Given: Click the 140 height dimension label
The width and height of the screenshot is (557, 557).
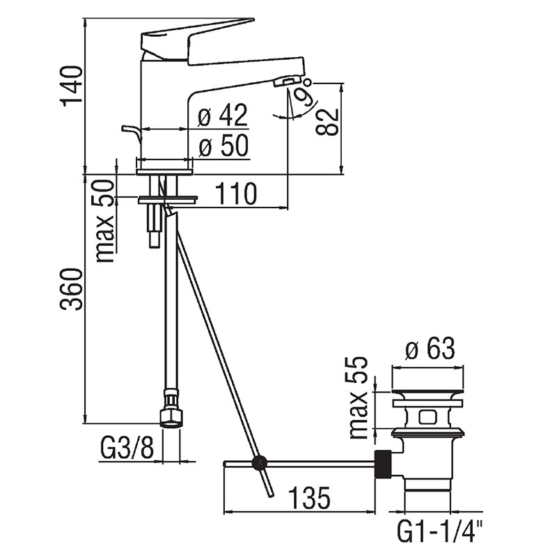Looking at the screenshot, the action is point(72,86).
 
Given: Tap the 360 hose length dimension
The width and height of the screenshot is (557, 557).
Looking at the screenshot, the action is point(72,290).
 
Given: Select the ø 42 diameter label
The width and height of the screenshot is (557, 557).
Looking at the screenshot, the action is point(223,116).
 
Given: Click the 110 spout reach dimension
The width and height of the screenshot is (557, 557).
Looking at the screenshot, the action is point(236,194).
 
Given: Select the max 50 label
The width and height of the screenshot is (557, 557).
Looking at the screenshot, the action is point(106,221).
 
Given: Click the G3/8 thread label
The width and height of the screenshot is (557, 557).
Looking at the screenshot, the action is point(127,448).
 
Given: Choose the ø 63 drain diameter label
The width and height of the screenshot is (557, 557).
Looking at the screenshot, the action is point(430,349).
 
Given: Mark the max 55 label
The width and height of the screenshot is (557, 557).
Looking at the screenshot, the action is point(357,398).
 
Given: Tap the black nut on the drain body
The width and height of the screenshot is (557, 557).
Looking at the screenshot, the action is point(384,464).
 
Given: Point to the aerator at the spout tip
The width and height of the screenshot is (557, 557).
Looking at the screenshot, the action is point(288,81).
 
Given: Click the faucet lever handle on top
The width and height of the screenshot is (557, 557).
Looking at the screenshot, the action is point(198,40).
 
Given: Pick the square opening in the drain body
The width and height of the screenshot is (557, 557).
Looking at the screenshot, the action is point(427,417).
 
